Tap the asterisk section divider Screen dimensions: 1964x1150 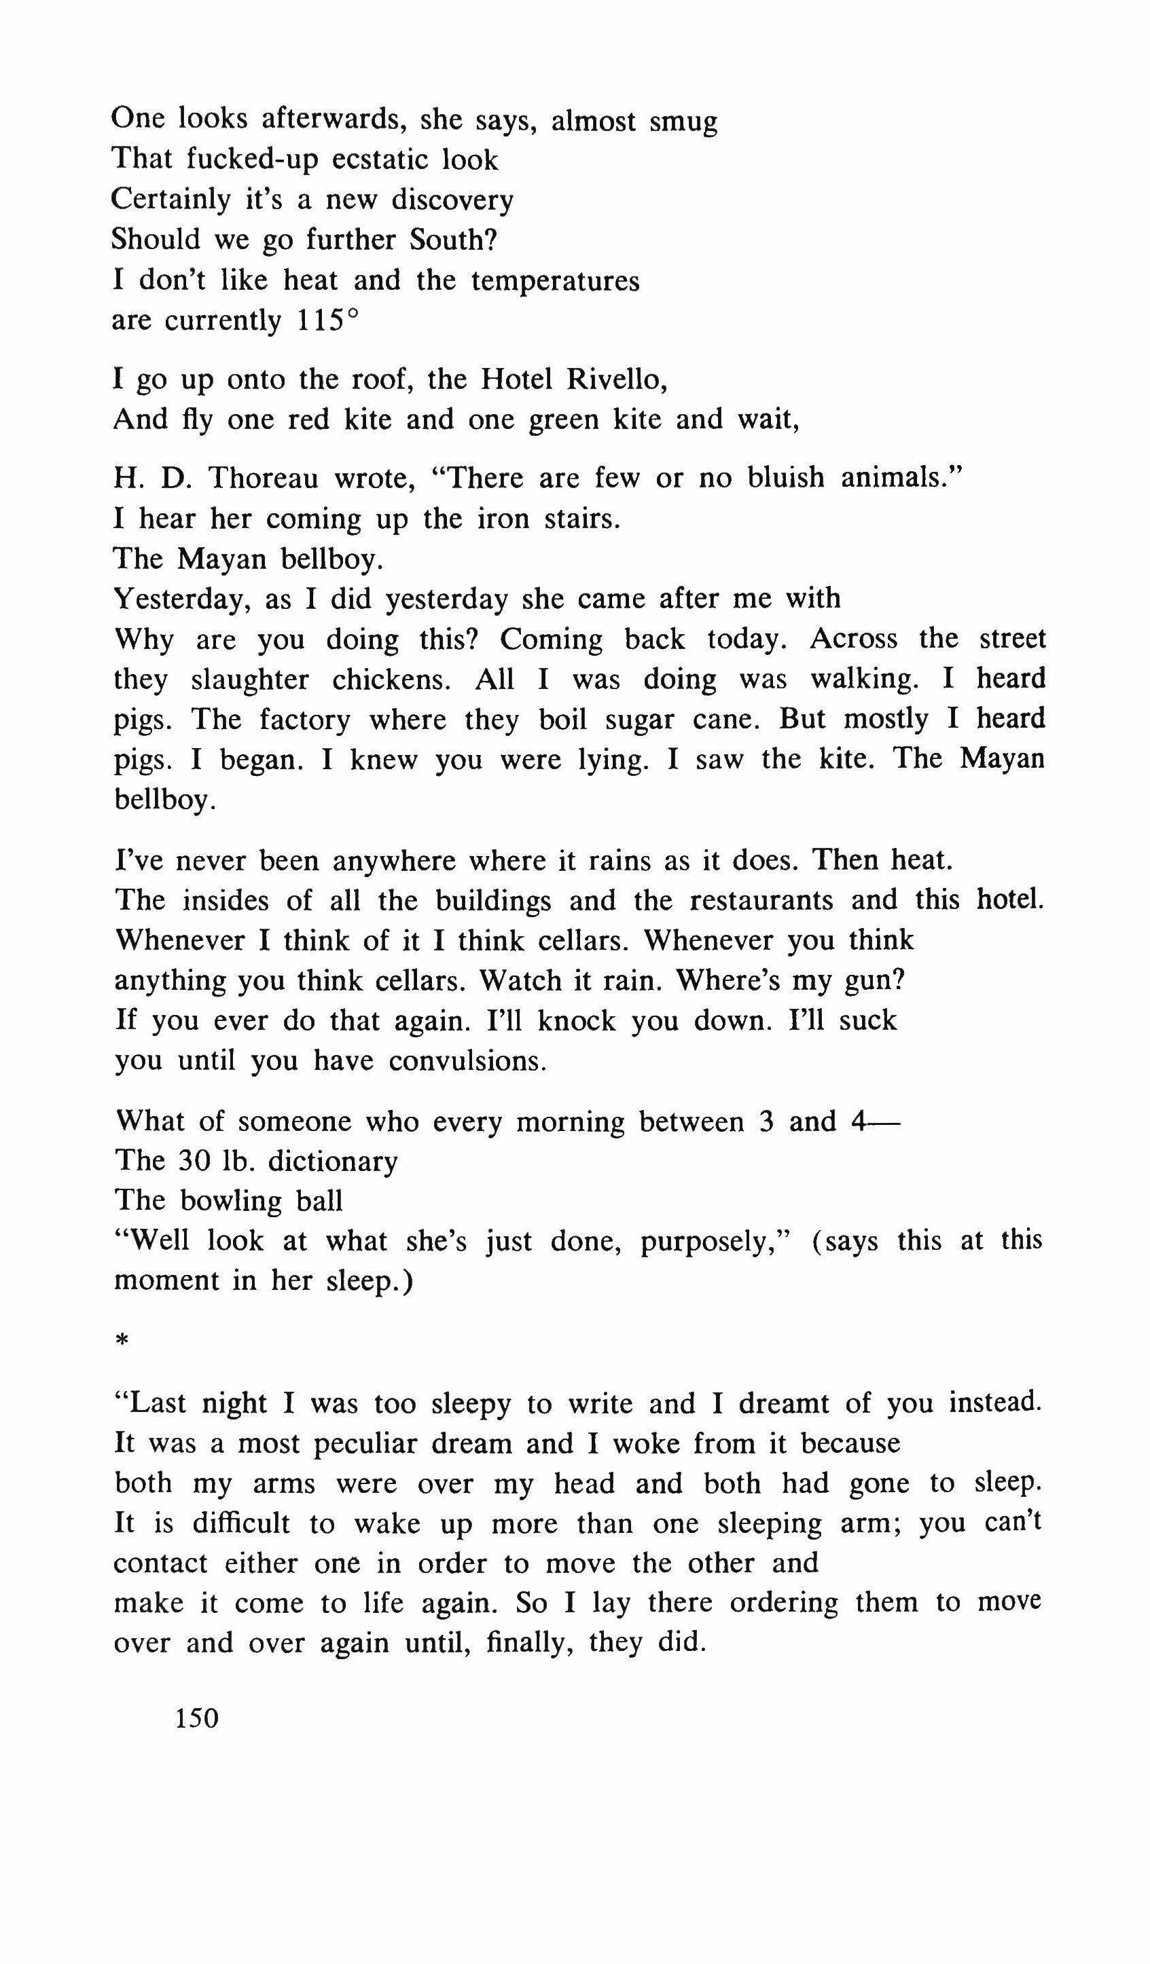(121, 1341)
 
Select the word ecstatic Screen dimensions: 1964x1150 (378, 160)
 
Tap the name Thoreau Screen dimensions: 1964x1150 (263, 478)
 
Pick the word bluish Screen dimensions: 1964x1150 (785, 477)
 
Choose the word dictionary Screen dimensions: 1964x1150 (333, 1162)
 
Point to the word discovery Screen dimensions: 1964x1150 (452, 200)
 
